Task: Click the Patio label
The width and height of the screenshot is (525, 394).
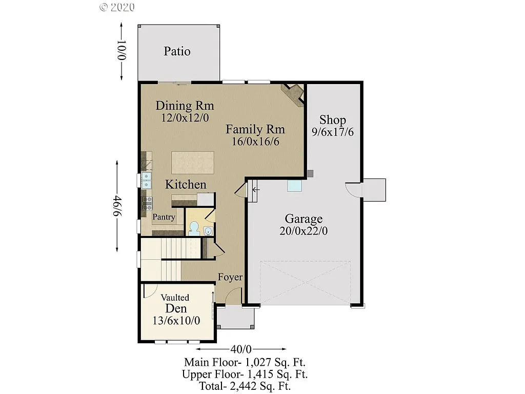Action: (x=177, y=51)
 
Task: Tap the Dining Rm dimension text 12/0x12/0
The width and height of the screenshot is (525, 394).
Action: (x=185, y=117)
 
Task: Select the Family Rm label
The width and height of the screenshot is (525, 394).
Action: (x=255, y=129)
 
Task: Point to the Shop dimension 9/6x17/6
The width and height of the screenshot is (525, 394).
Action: (x=333, y=132)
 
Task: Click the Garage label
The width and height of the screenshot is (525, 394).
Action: (x=304, y=219)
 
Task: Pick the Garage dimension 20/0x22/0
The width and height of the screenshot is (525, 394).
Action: (x=304, y=231)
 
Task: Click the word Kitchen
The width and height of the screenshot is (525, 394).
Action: (x=186, y=185)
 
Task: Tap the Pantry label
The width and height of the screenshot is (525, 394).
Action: (x=164, y=217)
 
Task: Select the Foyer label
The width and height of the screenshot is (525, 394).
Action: (x=230, y=277)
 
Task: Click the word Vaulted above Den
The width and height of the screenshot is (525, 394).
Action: (x=175, y=298)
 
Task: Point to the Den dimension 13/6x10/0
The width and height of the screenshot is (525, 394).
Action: (x=175, y=321)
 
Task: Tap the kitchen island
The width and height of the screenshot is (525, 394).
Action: (x=192, y=163)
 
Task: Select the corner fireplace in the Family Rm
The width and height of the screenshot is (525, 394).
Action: (x=293, y=93)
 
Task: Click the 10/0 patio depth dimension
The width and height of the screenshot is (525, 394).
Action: (x=122, y=50)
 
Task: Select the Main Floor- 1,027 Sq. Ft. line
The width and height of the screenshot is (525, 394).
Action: (x=245, y=362)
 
